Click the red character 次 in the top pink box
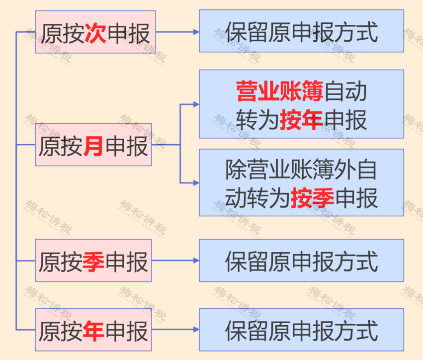pos(95,33)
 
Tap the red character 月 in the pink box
pos(93,146)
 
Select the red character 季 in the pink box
pos(93,262)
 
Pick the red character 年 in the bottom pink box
pos(93,331)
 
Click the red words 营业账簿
pos(280,91)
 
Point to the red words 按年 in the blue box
pos(302,120)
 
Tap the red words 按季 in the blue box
pos(312,198)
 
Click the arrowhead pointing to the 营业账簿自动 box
pos(196,104)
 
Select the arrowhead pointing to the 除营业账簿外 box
pos(196,183)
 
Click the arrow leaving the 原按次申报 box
pos(177,32)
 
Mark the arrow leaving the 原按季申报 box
pos(175,261)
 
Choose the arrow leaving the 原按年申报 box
pos(175,330)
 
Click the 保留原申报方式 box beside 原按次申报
pos(301,31)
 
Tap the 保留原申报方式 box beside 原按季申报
pos(301,261)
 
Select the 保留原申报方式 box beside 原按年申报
pos(301,330)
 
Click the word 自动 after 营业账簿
pos(345,91)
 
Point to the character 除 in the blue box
pos(236,170)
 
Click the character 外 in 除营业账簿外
pos(345,170)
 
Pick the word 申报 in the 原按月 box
pos(127,146)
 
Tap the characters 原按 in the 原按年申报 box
pos(61,331)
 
